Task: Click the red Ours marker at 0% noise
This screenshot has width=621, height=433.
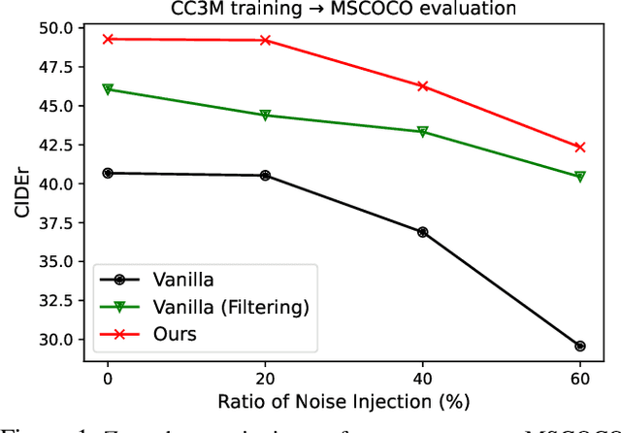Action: [x=108, y=39]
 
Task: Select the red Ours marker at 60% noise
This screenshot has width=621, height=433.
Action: [x=580, y=148]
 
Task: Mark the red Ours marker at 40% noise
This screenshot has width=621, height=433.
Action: [x=422, y=86]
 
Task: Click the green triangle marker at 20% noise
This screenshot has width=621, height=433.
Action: [x=265, y=116]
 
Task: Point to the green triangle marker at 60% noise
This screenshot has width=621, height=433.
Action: [x=580, y=177]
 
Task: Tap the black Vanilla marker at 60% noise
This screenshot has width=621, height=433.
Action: [x=580, y=346]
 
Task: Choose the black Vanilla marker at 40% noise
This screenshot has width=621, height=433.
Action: [x=422, y=232]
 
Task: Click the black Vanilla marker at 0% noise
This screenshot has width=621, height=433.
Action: [x=108, y=173]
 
